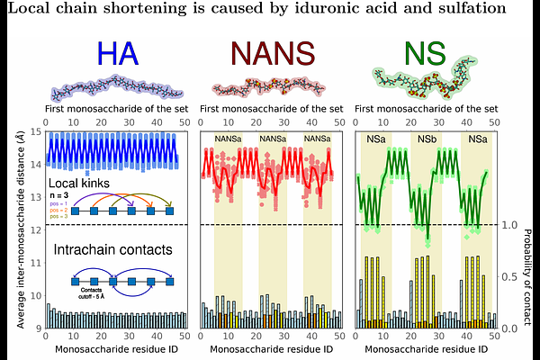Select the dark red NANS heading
(269, 55)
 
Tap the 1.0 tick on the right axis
(511, 225)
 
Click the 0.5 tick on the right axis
(511, 277)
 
